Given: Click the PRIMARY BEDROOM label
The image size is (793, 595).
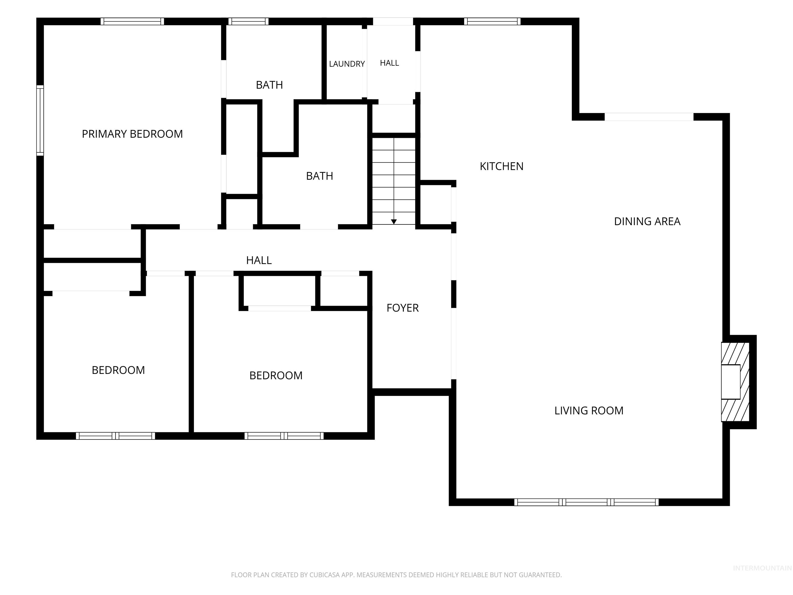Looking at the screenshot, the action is [132, 134].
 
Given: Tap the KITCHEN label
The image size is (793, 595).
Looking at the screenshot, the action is [502, 166].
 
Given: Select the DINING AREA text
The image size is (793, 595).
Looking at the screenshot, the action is [647, 221].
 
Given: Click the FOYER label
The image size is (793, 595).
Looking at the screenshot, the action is [403, 308].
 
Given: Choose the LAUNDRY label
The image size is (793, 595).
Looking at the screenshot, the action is [347, 64].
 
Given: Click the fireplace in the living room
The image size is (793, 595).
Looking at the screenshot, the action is [735, 382].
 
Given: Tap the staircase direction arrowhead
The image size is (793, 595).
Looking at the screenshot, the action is [394, 222].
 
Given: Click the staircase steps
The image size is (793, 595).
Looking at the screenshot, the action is [394, 181].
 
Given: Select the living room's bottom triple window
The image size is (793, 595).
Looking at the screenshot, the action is [586, 502].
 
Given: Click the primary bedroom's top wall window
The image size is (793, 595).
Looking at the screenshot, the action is [132, 21].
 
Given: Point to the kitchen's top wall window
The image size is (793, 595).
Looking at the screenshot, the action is [492, 21].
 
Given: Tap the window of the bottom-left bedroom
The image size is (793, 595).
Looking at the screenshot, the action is [115, 436].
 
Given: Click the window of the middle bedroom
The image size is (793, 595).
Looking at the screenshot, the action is [284, 436].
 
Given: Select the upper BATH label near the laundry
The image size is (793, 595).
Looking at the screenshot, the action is [269, 85].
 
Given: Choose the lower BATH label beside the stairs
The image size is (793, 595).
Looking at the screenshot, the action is [319, 176].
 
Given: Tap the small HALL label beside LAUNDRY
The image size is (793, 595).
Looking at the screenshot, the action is [389, 63].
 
